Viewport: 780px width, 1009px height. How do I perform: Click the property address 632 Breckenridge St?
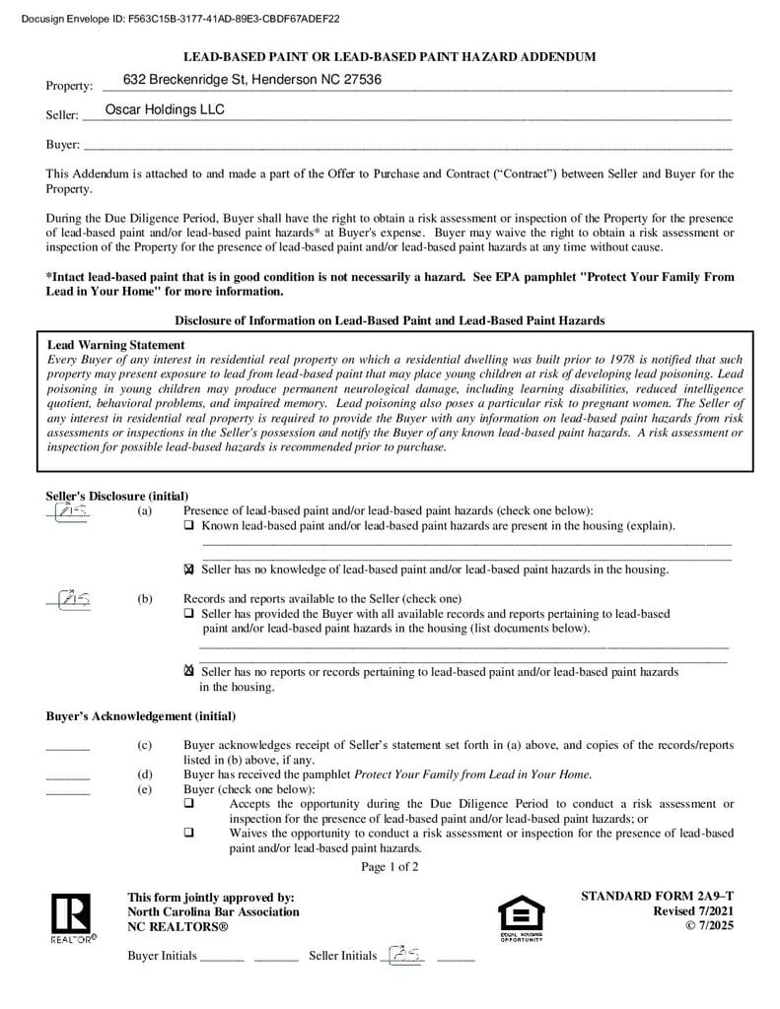[x=252, y=80]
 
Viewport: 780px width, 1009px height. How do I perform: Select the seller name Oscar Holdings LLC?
[x=165, y=109]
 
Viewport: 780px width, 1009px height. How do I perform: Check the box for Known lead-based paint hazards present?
[x=189, y=526]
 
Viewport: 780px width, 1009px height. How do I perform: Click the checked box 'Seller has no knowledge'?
[x=189, y=570]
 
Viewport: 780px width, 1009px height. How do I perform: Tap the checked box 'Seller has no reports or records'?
[x=189, y=671]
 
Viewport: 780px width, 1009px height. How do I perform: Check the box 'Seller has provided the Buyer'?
[x=189, y=614]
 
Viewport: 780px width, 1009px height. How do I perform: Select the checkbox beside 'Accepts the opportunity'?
[x=189, y=804]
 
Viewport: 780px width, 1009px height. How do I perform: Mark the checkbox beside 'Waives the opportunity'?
[x=189, y=833]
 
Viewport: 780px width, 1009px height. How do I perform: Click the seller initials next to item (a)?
[x=67, y=511]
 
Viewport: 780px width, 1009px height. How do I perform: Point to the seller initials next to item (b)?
[x=67, y=598]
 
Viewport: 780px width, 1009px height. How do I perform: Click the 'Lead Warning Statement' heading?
[x=116, y=345]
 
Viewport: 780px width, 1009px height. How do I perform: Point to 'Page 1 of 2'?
[x=390, y=867]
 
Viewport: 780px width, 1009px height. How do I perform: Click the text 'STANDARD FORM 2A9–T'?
[x=657, y=896]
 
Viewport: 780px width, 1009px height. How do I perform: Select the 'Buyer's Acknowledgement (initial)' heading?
[x=140, y=716]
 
